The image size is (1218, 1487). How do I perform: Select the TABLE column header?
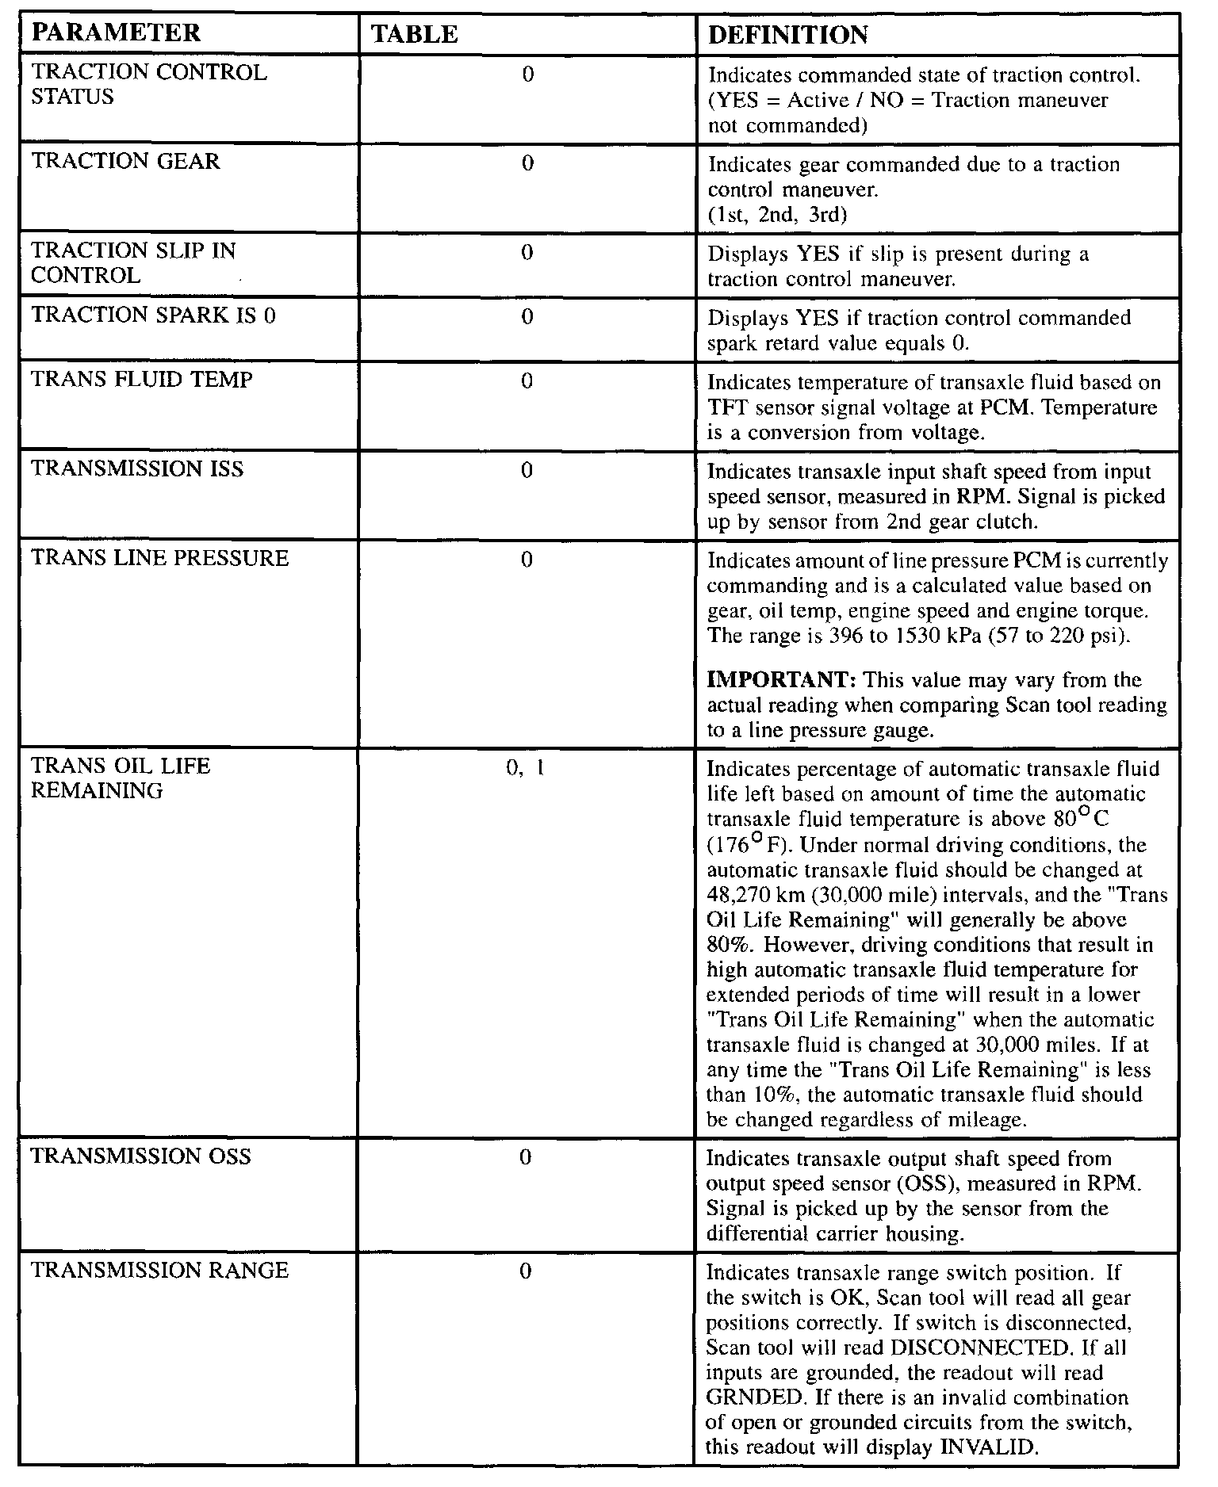[x=415, y=34]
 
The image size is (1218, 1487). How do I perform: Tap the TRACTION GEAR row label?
[x=125, y=162]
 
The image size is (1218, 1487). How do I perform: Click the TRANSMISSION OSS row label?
[x=140, y=1156]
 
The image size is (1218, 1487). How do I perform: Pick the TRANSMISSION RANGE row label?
[x=160, y=1271]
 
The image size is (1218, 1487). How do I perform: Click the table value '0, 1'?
[x=526, y=767]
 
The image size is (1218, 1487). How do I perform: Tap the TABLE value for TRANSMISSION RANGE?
[x=526, y=1272]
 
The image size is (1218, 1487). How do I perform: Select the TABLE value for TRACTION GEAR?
[x=527, y=163]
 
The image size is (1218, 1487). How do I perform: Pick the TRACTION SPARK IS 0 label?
[x=154, y=315]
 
